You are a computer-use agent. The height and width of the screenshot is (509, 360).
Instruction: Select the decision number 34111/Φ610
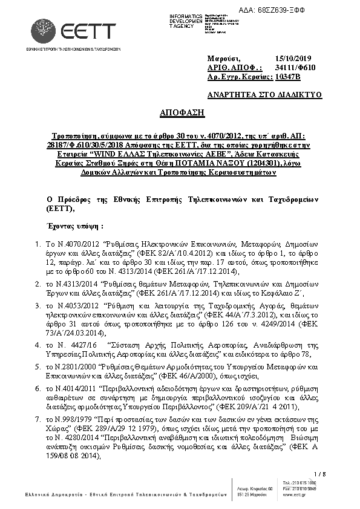click(x=295, y=68)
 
